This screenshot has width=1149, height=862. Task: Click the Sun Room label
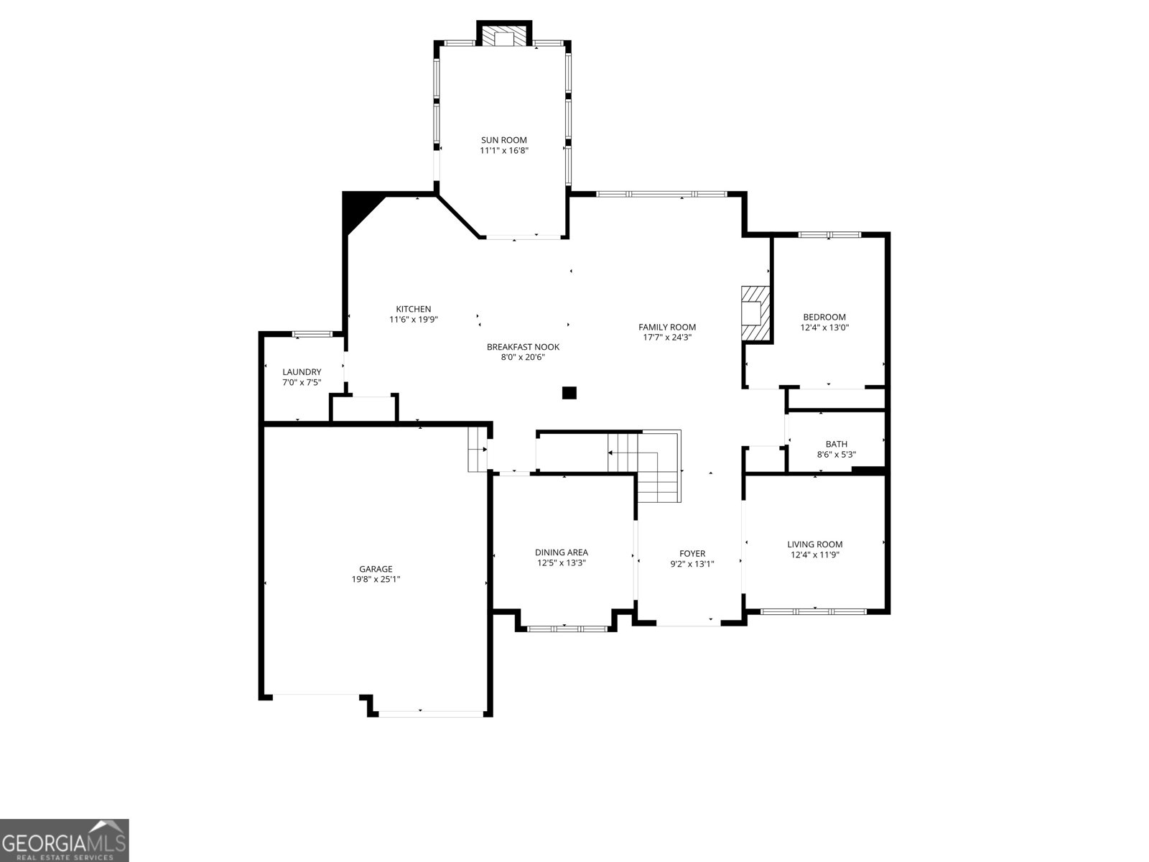click(x=503, y=140)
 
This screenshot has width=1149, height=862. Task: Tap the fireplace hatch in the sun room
click(x=504, y=37)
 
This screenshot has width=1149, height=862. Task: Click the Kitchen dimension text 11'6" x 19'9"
click(x=414, y=320)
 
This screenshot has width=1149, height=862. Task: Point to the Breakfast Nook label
click(x=523, y=347)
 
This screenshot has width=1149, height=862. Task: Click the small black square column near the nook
click(x=569, y=392)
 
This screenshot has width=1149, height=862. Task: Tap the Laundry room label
click(x=302, y=372)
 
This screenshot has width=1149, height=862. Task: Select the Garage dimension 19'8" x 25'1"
click(x=376, y=579)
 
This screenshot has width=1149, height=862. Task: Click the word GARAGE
click(x=376, y=569)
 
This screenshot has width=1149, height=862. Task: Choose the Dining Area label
click(x=561, y=552)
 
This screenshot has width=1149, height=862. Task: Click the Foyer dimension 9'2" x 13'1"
click(x=692, y=563)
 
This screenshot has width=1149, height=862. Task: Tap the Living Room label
click(x=814, y=544)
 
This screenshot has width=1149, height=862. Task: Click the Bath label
click(x=836, y=444)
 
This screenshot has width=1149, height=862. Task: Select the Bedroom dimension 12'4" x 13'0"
click(x=824, y=327)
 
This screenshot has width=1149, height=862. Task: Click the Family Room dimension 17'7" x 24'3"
click(x=667, y=337)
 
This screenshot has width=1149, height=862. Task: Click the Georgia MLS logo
click(x=64, y=840)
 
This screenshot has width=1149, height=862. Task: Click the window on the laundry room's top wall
click(x=312, y=334)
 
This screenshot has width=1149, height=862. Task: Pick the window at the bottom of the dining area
click(x=567, y=629)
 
